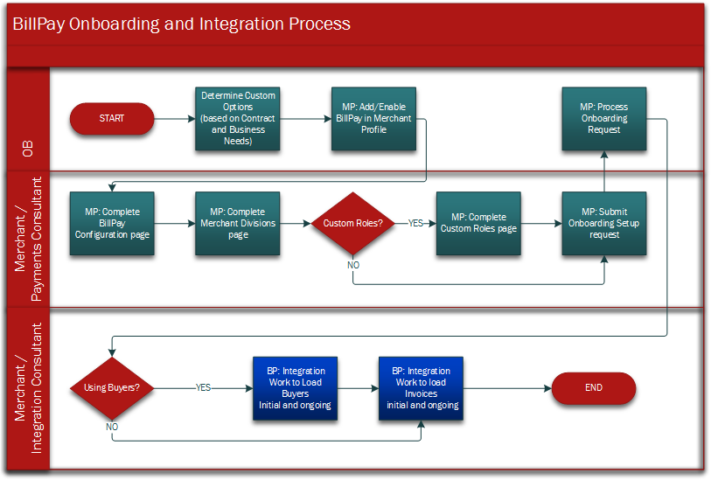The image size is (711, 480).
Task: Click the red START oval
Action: [x=112, y=118]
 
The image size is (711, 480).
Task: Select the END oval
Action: [x=594, y=387]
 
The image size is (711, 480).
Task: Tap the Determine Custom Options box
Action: [x=238, y=118]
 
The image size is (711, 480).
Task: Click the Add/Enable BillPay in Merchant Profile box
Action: [x=373, y=118]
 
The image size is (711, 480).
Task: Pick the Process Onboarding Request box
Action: [x=604, y=118]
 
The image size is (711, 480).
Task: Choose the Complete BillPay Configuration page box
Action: [x=112, y=223]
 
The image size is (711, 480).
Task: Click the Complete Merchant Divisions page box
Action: [x=238, y=223]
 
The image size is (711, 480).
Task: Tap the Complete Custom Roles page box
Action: [x=478, y=223]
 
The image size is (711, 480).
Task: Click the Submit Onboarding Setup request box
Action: [x=604, y=223]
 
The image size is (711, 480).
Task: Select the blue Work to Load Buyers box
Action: [x=295, y=387]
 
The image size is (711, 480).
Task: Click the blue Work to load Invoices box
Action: [x=422, y=387]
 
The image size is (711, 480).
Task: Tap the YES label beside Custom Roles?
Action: [x=416, y=223]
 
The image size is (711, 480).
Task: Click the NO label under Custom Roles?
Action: [x=354, y=263]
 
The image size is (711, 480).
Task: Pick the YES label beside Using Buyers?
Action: [x=203, y=387]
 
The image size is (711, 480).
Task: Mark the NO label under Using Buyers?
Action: [x=112, y=427]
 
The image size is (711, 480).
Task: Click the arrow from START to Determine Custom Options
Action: [x=174, y=118]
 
